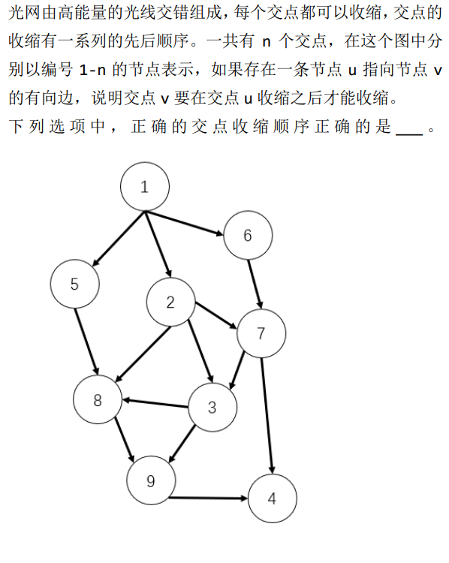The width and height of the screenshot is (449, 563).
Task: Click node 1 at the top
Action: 145,187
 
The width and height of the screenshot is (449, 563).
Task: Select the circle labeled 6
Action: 248,235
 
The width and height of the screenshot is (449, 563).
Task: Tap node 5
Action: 75,284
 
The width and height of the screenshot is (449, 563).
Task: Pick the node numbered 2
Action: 170,302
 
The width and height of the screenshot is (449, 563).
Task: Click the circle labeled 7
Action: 261,333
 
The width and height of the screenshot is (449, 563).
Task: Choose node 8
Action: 98,399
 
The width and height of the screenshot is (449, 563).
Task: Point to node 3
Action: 212,407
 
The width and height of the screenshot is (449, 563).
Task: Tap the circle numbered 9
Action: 151,480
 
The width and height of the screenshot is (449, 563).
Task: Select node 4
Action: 273,498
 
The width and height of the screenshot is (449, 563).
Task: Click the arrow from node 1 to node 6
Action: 184,224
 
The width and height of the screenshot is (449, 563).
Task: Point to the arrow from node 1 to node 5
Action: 119,239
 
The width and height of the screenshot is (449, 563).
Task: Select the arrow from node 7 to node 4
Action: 267,416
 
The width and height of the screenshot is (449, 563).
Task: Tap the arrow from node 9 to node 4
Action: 208,498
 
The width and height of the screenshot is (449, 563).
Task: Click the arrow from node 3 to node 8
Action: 155,403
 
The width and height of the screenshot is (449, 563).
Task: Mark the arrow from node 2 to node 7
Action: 216,315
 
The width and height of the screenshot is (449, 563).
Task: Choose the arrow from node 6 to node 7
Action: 255,285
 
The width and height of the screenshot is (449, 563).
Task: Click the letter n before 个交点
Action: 266,42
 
